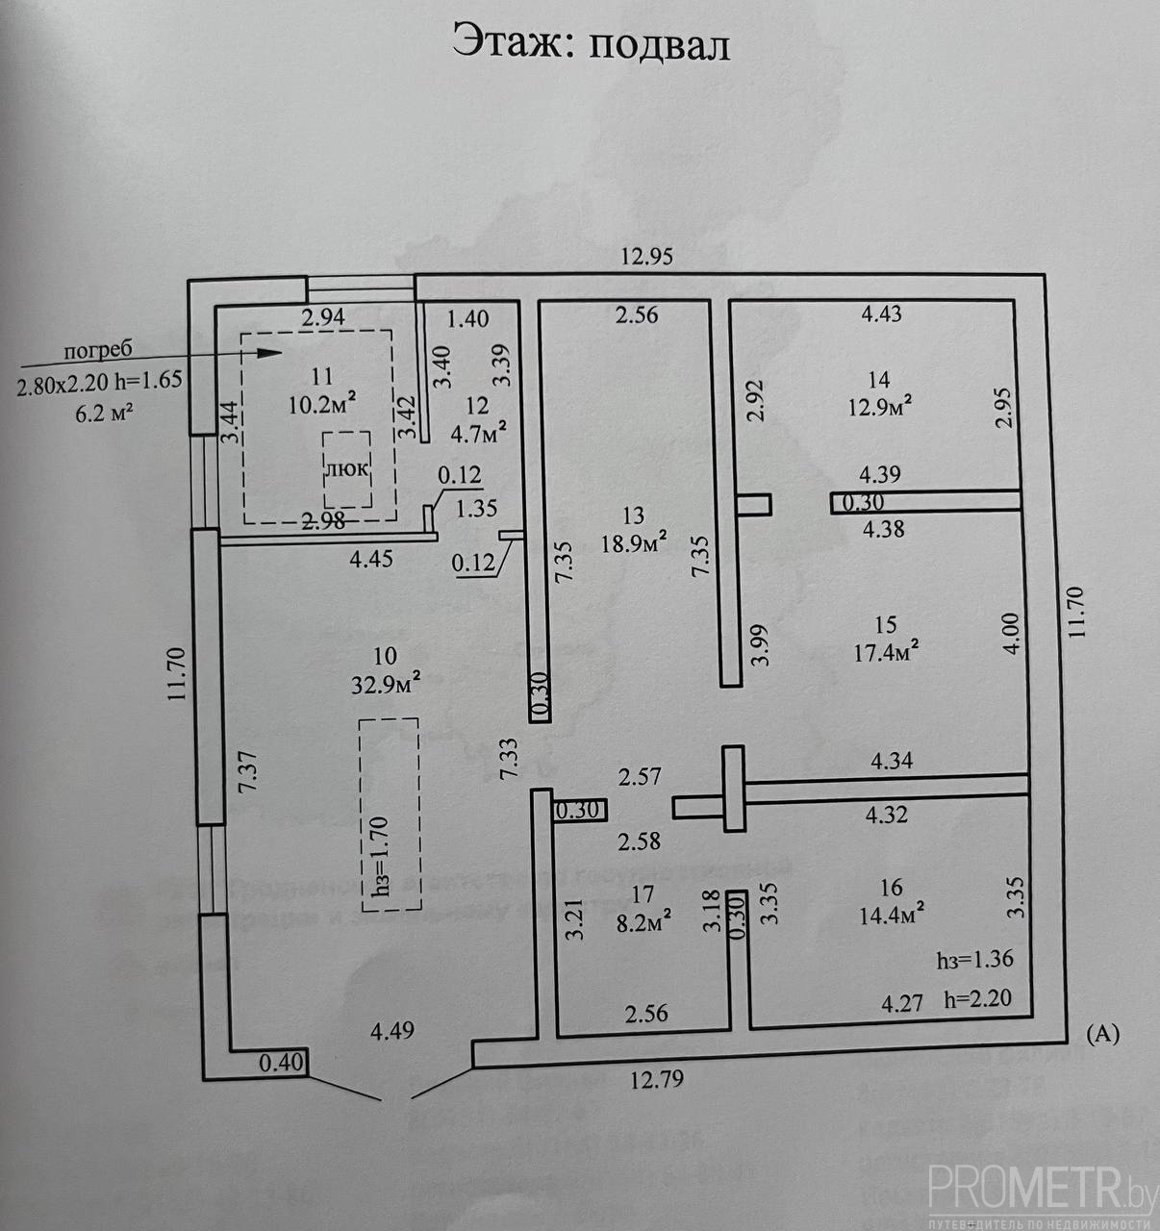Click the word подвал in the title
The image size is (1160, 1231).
click(659, 45)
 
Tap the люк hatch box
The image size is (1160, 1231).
click(346, 470)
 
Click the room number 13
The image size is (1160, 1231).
click(634, 516)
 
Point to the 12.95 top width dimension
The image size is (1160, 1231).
click(647, 257)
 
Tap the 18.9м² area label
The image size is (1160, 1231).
click(634, 543)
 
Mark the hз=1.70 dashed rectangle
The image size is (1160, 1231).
click(390, 815)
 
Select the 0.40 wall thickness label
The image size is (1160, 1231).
click(282, 1064)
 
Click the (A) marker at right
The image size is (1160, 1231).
click(1102, 1035)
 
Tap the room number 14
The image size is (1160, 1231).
click(877, 379)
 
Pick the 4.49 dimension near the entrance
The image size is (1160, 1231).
click(392, 1032)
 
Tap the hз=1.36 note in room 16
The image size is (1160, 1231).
click(974, 960)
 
